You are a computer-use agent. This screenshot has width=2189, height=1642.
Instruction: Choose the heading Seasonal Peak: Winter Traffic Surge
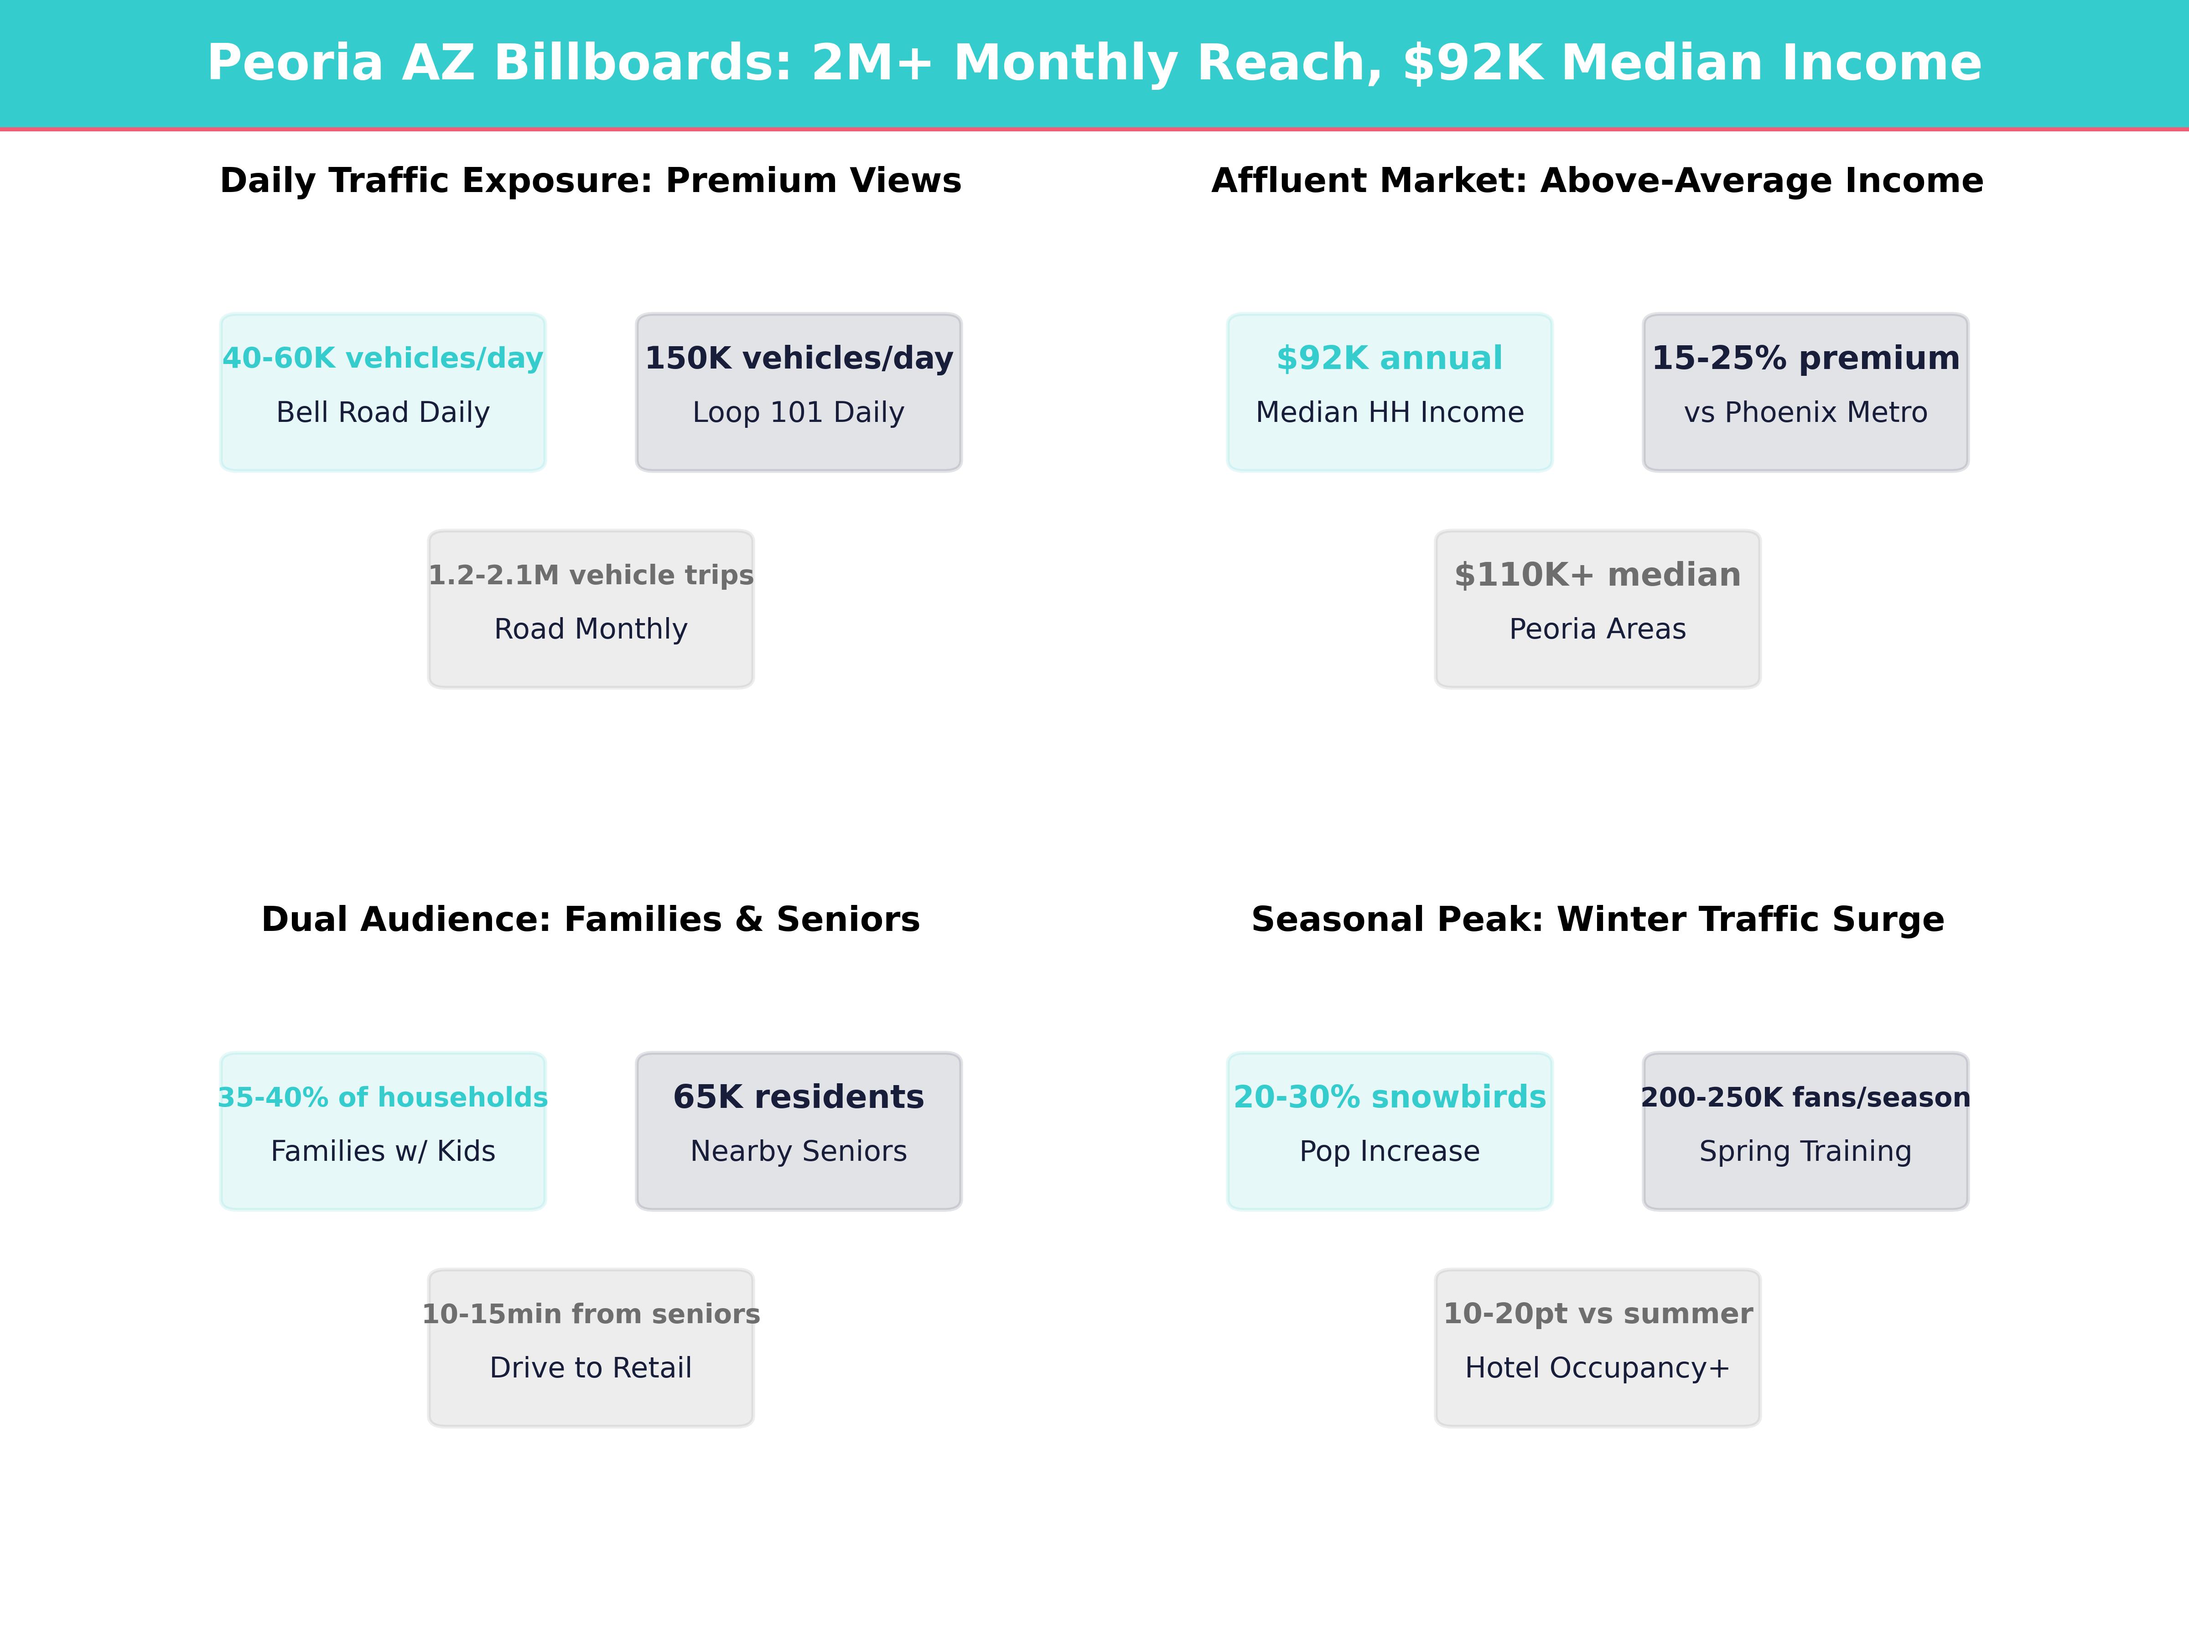tap(1597, 920)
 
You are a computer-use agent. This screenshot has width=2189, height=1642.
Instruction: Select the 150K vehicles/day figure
tap(799, 359)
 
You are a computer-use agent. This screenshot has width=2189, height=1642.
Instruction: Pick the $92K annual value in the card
tap(1390, 359)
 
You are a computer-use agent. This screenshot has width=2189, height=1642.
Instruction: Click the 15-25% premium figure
tap(1805, 359)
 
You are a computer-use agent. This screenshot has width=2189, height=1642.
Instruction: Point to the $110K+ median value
tap(1597, 575)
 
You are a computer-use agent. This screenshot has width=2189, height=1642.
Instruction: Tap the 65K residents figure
tap(799, 1098)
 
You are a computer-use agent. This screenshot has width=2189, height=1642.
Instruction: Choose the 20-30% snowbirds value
tap(1390, 1098)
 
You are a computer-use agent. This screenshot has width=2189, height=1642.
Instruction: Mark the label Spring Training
tap(1805, 1151)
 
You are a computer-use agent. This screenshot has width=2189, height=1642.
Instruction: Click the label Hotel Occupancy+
tap(1597, 1368)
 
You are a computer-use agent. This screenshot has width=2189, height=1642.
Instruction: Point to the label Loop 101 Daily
tap(799, 413)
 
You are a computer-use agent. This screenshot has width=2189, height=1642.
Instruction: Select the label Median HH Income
tap(1390, 413)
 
